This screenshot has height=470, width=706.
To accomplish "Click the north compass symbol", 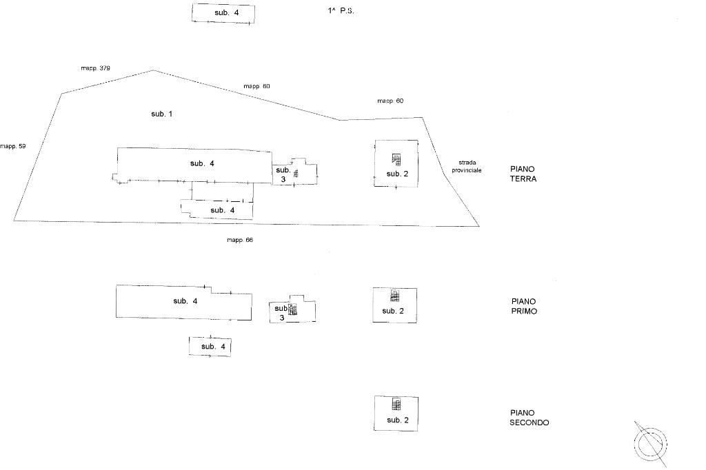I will click(x=652, y=443).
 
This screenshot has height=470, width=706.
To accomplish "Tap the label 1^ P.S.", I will click(x=341, y=11).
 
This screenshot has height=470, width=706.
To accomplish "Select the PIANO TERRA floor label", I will click(x=523, y=174).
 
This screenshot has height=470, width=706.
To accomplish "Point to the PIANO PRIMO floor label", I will click(x=524, y=306).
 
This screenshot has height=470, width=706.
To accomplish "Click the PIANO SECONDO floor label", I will click(x=529, y=418).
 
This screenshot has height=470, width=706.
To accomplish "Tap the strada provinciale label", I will click(x=466, y=166).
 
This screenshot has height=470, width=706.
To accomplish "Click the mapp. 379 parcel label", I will click(x=95, y=68).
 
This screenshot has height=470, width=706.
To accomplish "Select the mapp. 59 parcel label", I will click(x=12, y=146).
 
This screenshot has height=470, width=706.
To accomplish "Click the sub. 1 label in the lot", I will click(x=161, y=114).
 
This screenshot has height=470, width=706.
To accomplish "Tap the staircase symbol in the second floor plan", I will click(x=396, y=405).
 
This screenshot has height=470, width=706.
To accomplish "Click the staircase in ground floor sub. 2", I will click(x=396, y=159).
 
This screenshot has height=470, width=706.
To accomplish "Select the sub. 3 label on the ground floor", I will click(x=283, y=174).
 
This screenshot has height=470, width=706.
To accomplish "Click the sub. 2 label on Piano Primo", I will click(x=392, y=311).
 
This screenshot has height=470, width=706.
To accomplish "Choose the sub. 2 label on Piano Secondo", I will click(x=398, y=420).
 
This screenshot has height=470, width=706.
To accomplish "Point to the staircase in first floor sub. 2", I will click(x=394, y=296).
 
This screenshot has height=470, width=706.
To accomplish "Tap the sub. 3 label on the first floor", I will click(x=281, y=313).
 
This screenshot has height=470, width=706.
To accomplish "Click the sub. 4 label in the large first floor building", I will click(x=185, y=301).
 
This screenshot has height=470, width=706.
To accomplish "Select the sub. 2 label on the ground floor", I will click(x=397, y=174).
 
